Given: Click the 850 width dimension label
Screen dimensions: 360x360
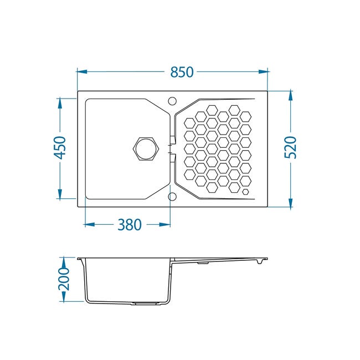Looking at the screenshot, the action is click(182, 72).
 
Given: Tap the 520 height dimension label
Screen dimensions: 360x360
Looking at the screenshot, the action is click(290, 147).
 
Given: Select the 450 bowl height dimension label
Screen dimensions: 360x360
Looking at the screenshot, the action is click(60, 148).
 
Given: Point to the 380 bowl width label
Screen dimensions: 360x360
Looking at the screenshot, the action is click(130, 224).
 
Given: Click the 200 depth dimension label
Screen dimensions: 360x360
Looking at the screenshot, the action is click(63, 279).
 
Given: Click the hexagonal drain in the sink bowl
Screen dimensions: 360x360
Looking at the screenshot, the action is click(146, 148).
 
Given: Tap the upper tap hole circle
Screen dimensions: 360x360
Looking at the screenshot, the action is click(172, 101).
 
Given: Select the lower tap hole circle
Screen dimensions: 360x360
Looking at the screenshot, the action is click(172, 197).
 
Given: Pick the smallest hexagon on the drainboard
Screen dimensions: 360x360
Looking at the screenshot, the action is click(246, 192).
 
